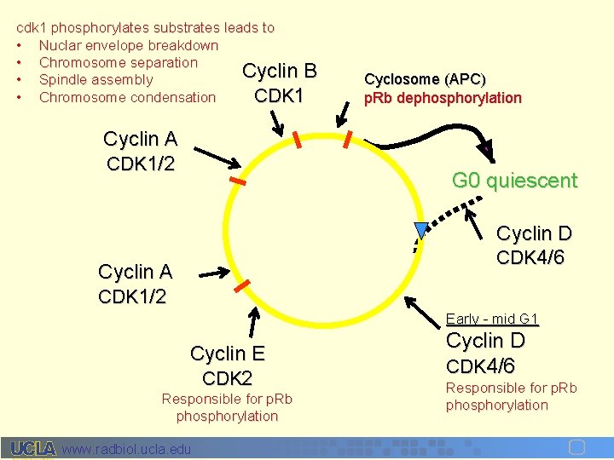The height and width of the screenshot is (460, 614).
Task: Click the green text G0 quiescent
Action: point(514,181)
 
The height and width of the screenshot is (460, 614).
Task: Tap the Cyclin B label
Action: point(280,71)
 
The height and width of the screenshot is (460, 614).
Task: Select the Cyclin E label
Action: point(228,354)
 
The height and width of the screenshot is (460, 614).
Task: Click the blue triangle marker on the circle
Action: point(420,229)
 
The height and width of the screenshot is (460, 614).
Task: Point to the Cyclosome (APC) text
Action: point(425,79)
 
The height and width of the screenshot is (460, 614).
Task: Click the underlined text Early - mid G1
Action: point(492,319)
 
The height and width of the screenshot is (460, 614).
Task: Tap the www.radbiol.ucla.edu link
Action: point(127,449)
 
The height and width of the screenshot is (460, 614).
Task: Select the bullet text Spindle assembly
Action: point(96,80)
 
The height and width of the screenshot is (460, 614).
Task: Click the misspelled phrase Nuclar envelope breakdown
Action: point(129,45)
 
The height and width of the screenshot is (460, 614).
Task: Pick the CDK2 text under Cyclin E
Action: point(228,377)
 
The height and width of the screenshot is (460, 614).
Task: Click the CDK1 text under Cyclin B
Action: point(279,95)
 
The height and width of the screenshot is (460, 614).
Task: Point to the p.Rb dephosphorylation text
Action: point(443,98)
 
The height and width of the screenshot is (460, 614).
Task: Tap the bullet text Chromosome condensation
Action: point(127,97)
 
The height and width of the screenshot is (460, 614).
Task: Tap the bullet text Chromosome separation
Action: point(118,62)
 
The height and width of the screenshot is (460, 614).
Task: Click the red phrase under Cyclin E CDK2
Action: point(227,407)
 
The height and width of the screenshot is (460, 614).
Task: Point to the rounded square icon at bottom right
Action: point(576,448)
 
